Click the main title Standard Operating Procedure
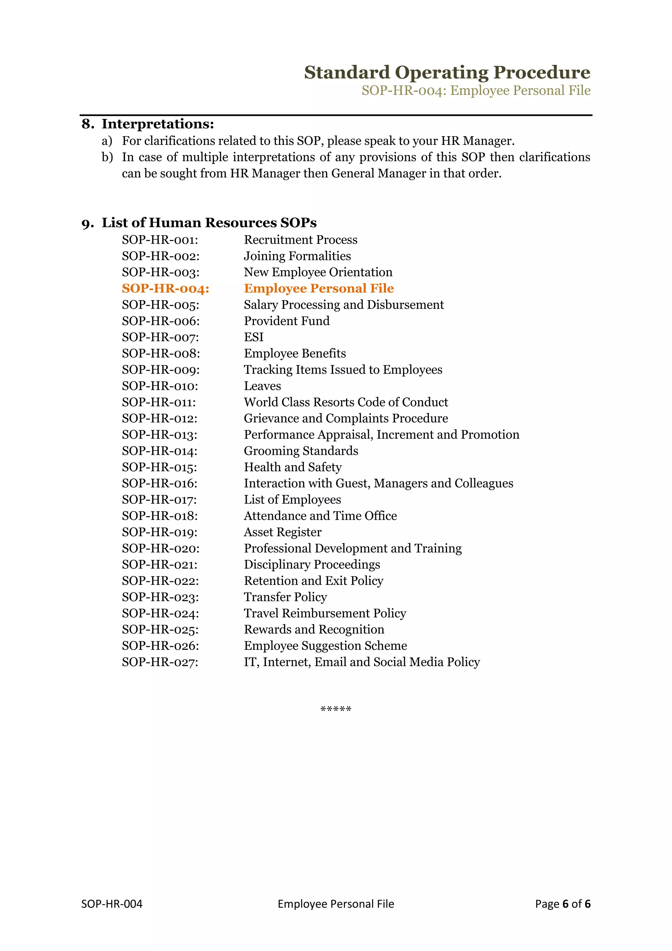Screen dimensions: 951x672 point(447,73)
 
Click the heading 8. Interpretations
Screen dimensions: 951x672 point(148,124)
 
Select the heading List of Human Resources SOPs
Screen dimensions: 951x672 point(199,223)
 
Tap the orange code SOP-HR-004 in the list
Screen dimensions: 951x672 point(165,289)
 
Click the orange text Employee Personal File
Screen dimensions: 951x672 point(319,288)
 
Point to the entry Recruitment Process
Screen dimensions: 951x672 point(301,240)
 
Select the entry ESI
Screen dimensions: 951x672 point(253,337)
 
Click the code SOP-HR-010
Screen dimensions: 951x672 point(160,386)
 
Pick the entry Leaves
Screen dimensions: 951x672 point(262,386)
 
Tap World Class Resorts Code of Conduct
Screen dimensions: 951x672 point(346,402)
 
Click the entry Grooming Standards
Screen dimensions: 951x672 point(301,451)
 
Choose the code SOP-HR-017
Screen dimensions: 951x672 point(159,500)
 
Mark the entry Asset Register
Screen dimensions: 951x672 point(283,532)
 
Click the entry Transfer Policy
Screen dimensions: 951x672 point(285,597)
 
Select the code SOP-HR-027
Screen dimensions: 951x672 point(160,662)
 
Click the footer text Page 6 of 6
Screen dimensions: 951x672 point(562,904)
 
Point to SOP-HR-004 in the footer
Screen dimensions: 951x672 point(112,904)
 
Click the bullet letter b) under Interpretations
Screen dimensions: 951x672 point(107,157)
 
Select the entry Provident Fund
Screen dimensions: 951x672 point(286,321)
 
